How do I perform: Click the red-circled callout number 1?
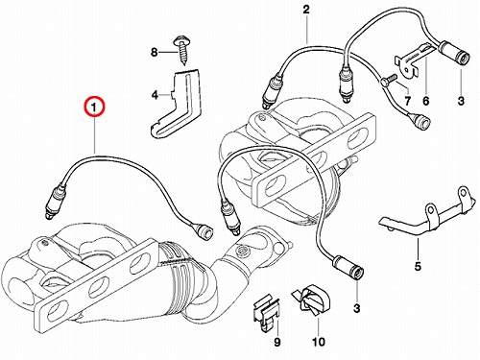94,107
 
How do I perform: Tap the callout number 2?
306,10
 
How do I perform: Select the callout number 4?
155,95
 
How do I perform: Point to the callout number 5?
418,266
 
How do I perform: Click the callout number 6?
426,101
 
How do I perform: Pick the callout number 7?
407,101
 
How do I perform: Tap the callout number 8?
155,52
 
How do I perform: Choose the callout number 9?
277,342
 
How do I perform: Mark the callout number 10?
319,342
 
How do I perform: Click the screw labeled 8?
181,51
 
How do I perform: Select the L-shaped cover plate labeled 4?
176,104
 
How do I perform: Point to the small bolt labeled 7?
389,80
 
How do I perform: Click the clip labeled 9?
266,314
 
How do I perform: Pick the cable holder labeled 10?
311,300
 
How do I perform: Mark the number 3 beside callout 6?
461,101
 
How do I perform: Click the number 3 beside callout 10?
356,308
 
